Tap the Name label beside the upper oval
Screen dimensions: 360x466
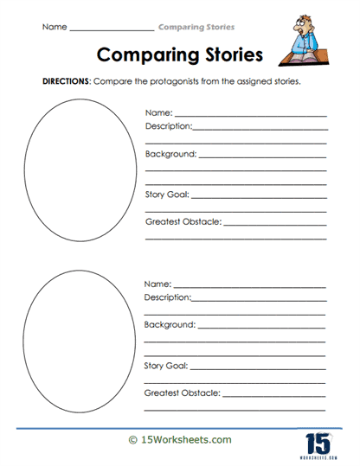tap(158, 112)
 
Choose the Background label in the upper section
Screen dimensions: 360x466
tap(170, 154)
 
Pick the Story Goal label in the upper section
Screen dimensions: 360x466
tap(166, 195)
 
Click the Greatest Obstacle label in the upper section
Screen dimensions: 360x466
tap(183, 222)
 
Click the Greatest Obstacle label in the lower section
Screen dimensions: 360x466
tap(182, 393)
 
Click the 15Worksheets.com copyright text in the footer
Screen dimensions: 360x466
tap(179, 439)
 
